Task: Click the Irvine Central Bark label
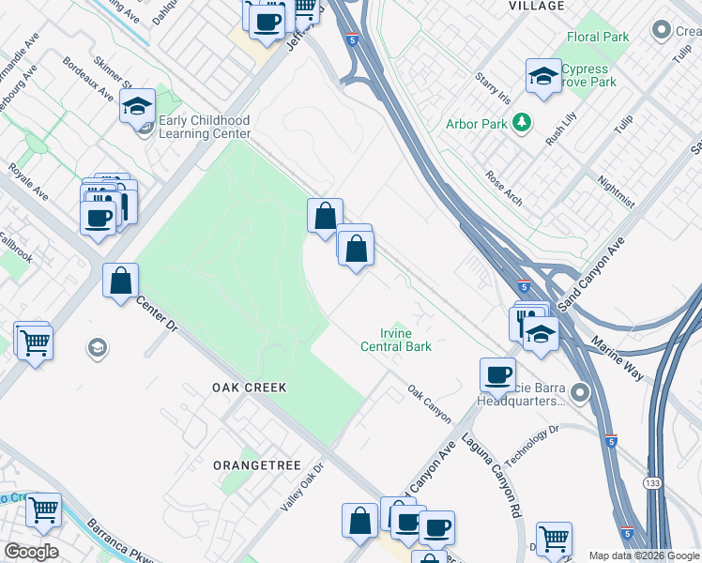click(396, 340)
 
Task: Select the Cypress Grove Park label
click(589, 76)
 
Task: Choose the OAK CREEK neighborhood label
click(249, 387)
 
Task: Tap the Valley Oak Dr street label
click(301, 486)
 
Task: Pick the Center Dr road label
click(157, 313)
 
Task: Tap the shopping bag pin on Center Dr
click(121, 281)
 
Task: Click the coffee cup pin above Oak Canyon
click(497, 374)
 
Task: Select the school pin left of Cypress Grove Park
click(542, 77)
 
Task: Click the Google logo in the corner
click(30, 552)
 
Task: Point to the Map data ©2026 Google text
click(643, 555)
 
